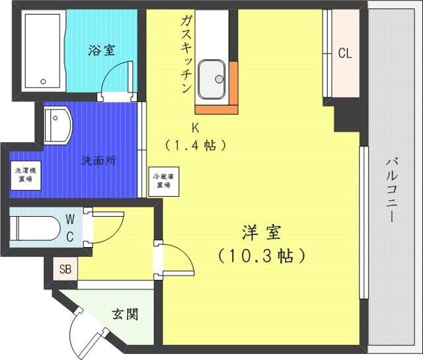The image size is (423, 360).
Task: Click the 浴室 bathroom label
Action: click(102, 50)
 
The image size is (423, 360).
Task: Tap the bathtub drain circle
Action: click(43, 81)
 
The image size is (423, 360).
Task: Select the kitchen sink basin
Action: click(211, 79)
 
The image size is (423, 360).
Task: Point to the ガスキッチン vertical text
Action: click(186, 54)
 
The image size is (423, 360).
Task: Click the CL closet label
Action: click(345, 53)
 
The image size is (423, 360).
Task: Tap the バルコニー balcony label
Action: click(392, 190)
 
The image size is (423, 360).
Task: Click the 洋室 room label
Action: click(262, 233)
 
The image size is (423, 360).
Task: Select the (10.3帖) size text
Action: click(262, 256)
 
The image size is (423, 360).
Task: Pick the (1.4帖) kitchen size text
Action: click(196, 145)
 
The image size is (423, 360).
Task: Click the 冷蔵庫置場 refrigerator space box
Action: click(164, 181)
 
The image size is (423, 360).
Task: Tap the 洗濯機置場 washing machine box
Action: click(26, 176)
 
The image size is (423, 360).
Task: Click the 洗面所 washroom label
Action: click(99, 161)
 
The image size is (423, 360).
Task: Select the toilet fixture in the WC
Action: click(34, 228)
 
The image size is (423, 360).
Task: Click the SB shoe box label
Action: click(65, 269)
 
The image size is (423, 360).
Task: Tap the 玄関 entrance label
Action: click(125, 314)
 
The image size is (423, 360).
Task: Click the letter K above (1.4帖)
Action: click(195, 128)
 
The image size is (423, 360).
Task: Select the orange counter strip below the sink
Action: click(216, 110)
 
